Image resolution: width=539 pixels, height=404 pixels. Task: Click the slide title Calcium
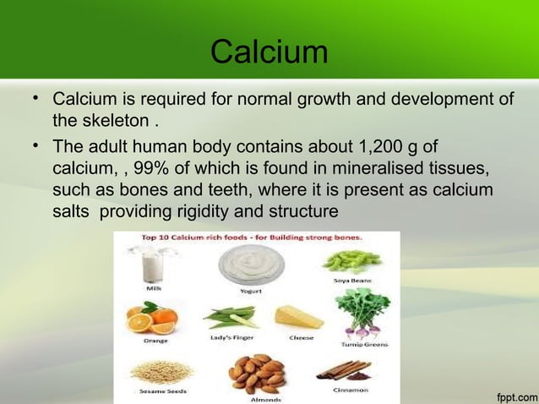coord(269,52)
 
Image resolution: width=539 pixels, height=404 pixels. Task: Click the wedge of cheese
coord(298,317)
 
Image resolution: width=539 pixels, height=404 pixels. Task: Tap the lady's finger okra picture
coord(230,319)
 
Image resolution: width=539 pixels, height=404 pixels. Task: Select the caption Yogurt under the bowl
coord(250,291)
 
